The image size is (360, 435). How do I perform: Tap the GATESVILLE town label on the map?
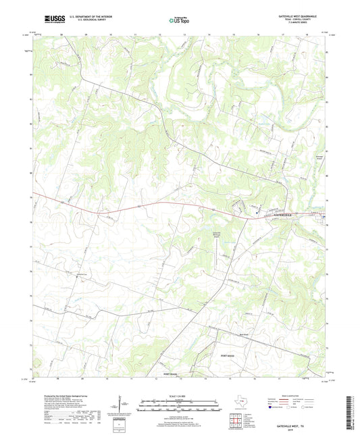pos(279,214)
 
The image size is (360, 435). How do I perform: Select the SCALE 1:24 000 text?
pos(179,395)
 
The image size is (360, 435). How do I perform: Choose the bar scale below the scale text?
pos(179,407)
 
